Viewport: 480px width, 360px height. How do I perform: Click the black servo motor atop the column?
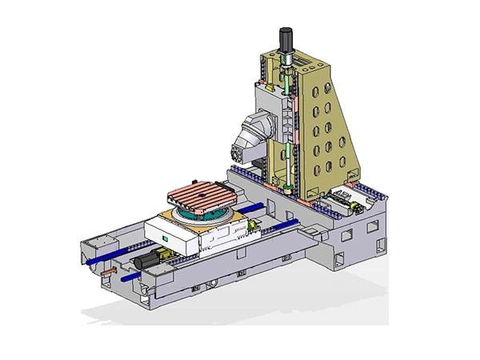(x=285, y=39)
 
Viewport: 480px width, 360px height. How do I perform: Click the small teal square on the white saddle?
(x=166, y=238)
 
